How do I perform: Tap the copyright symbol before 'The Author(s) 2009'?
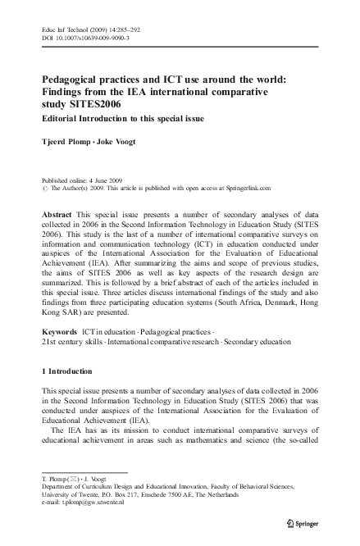tap(44, 188)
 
